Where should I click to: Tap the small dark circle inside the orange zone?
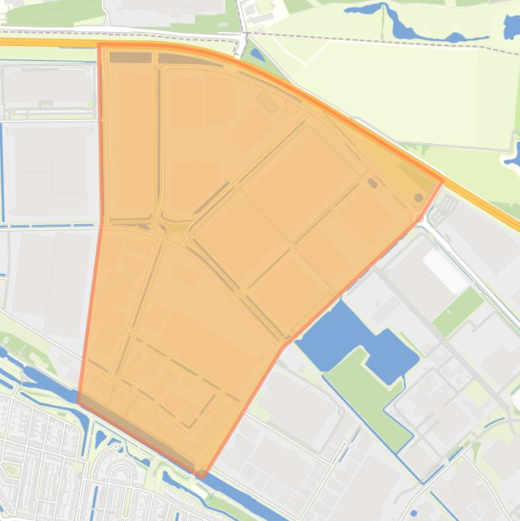pyautogui.click(x=419, y=198)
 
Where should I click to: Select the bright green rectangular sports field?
pyautogui.click(x=458, y=311)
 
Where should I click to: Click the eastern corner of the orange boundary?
pyautogui.click(x=444, y=180)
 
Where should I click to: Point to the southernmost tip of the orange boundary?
pyautogui.click(x=202, y=476)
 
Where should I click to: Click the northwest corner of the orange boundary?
pyautogui.click(x=99, y=45)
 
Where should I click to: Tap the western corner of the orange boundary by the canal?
pyautogui.click(x=78, y=401)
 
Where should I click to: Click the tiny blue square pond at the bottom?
pyautogui.click(x=414, y=513)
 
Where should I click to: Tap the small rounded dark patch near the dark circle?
pyautogui.click(x=372, y=183)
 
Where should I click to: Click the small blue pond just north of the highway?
pyautogui.click(x=258, y=55)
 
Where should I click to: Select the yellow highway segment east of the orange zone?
pyautogui.click(x=487, y=206)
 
